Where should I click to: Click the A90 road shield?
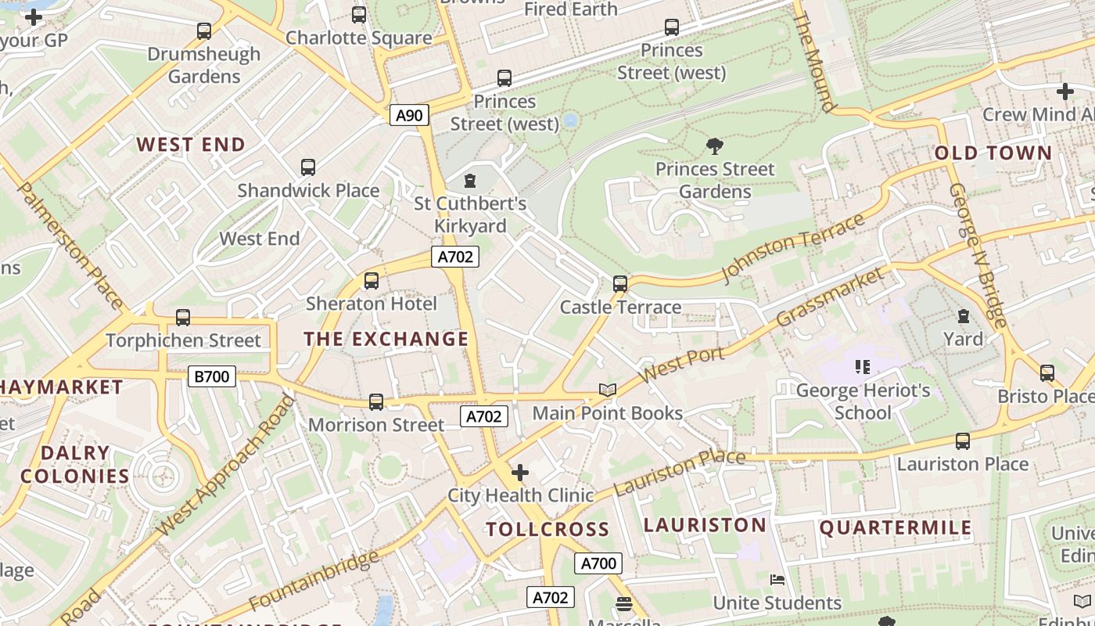tap(409, 116)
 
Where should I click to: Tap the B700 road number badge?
tap(212, 376)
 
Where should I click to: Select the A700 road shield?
tap(598, 563)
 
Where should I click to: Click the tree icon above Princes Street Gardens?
tap(714, 146)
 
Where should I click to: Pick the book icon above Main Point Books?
tap(608, 390)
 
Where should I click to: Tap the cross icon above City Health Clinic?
tap(520, 473)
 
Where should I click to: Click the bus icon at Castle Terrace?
tap(620, 283)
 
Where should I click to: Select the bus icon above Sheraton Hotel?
tap(372, 280)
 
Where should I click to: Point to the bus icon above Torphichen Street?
tap(183, 317)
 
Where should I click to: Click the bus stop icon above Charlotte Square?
tap(359, 14)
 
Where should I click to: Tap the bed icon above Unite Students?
tap(777, 580)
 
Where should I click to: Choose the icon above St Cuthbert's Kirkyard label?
tap(470, 181)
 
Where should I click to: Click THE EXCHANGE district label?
tap(386, 339)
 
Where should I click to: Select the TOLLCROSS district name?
tap(547, 529)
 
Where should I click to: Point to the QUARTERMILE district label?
tap(896, 527)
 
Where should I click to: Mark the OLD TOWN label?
tap(993, 153)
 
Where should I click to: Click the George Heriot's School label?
tap(863, 401)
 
